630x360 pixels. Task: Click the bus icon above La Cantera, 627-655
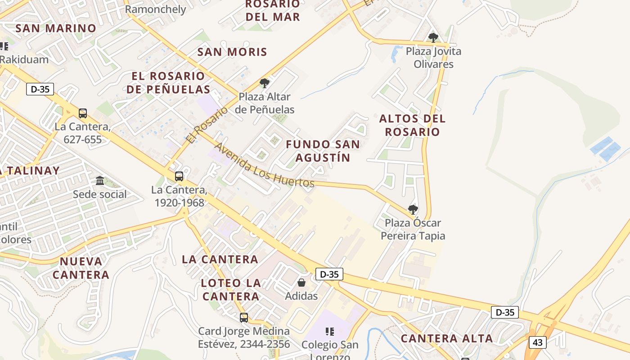point(83,113)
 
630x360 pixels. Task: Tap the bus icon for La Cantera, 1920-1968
point(179,176)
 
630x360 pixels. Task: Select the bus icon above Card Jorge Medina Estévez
point(244,317)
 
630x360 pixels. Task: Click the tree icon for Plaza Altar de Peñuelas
point(265,83)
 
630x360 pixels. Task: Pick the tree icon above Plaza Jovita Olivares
point(433,37)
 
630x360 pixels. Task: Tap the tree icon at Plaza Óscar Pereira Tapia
point(413,209)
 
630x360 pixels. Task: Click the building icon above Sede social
point(100,181)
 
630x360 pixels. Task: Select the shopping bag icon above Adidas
point(301,283)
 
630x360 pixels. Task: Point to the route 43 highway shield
point(537,342)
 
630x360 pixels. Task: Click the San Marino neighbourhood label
point(56,28)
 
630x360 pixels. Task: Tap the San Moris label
point(232,52)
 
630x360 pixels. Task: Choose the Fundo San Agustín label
point(323,151)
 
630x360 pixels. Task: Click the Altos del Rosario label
point(412,125)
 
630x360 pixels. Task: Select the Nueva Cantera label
point(81,268)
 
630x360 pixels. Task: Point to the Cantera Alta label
point(447,338)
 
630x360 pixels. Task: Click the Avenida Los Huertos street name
point(264,165)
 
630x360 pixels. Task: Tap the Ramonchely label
point(155,9)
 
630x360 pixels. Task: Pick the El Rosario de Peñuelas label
point(168,82)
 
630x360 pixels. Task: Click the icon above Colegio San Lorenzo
point(330,332)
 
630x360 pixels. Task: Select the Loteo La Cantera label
point(231,289)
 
